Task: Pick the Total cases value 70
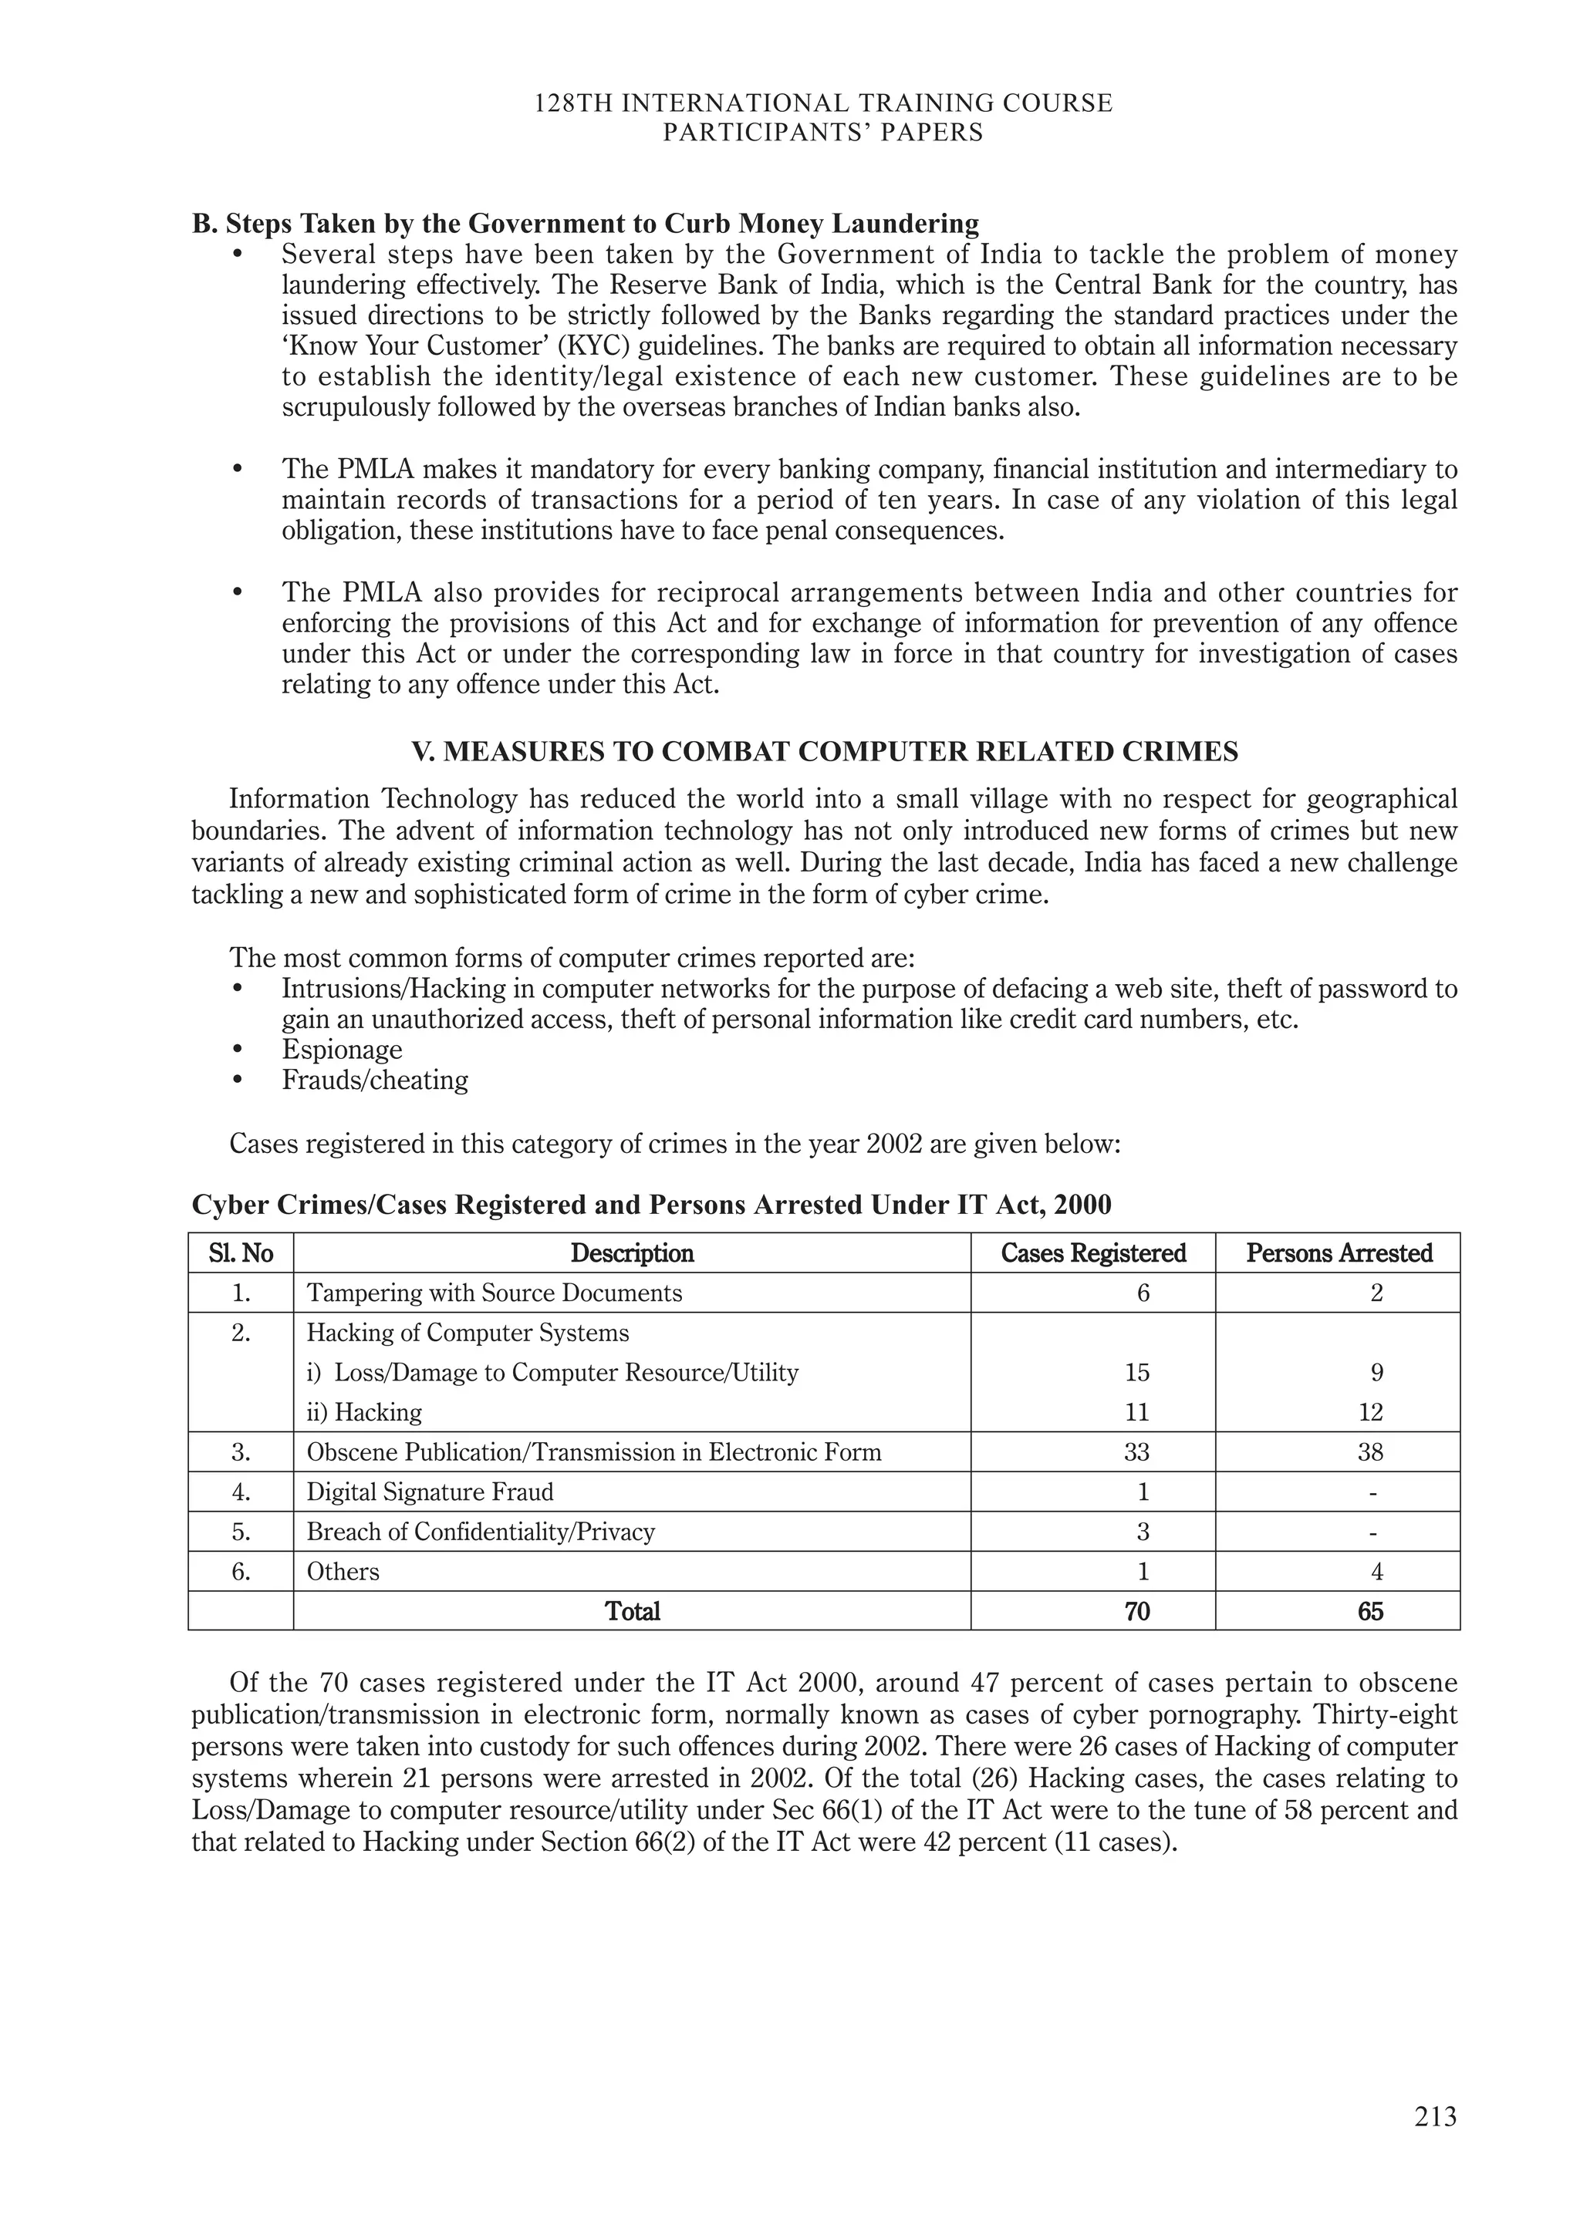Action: tap(1136, 1611)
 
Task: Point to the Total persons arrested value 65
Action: tap(1369, 1611)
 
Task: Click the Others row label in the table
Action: tap(343, 1571)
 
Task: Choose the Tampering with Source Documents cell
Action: tap(494, 1293)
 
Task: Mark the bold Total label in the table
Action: tap(632, 1611)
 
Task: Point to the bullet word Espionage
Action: tap(342, 1050)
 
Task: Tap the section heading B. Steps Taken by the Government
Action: tap(585, 224)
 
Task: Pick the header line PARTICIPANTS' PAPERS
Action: tap(822, 133)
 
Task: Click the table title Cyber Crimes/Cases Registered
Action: tap(650, 1205)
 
